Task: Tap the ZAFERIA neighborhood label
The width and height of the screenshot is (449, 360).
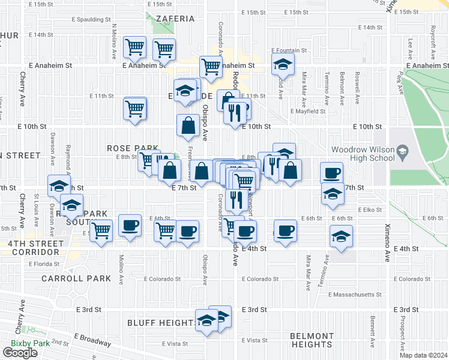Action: pyautogui.click(x=175, y=19)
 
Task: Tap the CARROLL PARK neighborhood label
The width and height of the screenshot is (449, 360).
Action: pyautogui.click(x=76, y=278)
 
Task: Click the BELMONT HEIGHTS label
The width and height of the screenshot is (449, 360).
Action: pyautogui.click(x=312, y=340)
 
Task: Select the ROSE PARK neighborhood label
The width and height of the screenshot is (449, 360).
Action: pyautogui.click(x=133, y=148)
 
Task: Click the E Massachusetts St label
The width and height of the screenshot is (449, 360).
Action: pyautogui.click(x=355, y=295)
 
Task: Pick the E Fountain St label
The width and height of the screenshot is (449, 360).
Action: pyautogui.click(x=289, y=51)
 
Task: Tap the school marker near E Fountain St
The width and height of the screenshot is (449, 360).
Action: pyautogui.click(x=283, y=64)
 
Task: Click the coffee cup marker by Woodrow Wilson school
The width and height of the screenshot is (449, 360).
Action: pyautogui.click(x=331, y=173)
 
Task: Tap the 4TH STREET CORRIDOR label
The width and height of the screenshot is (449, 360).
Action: pyautogui.click(x=34, y=248)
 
